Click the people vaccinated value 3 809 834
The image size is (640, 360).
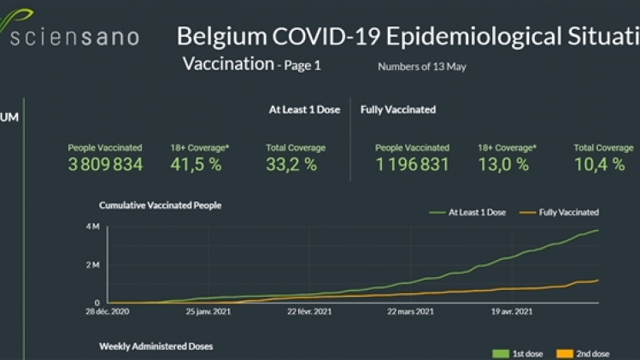click(x=105, y=165)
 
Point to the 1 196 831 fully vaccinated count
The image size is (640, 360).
click(x=412, y=165)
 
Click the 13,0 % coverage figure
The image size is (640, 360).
click(x=503, y=165)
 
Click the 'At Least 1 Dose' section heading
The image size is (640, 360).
click(x=305, y=109)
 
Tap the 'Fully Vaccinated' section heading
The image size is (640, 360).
click(x=398, y=109)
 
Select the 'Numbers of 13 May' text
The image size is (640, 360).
click(x=421, y=67)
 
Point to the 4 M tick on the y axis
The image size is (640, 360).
click(x=92, y=226)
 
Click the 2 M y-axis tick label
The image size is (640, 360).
click(x=92, y=264)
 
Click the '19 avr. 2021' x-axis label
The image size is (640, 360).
click(x=513, y=311)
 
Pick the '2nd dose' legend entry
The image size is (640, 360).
click(x=590, y=353)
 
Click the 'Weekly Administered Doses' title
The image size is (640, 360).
click(x=156, y=346)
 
